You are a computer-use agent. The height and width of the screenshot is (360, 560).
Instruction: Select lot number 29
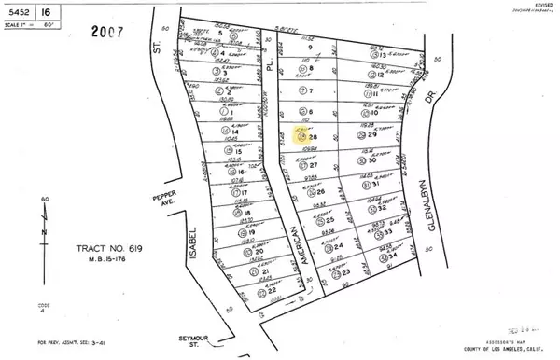click(x=372, y=136)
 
